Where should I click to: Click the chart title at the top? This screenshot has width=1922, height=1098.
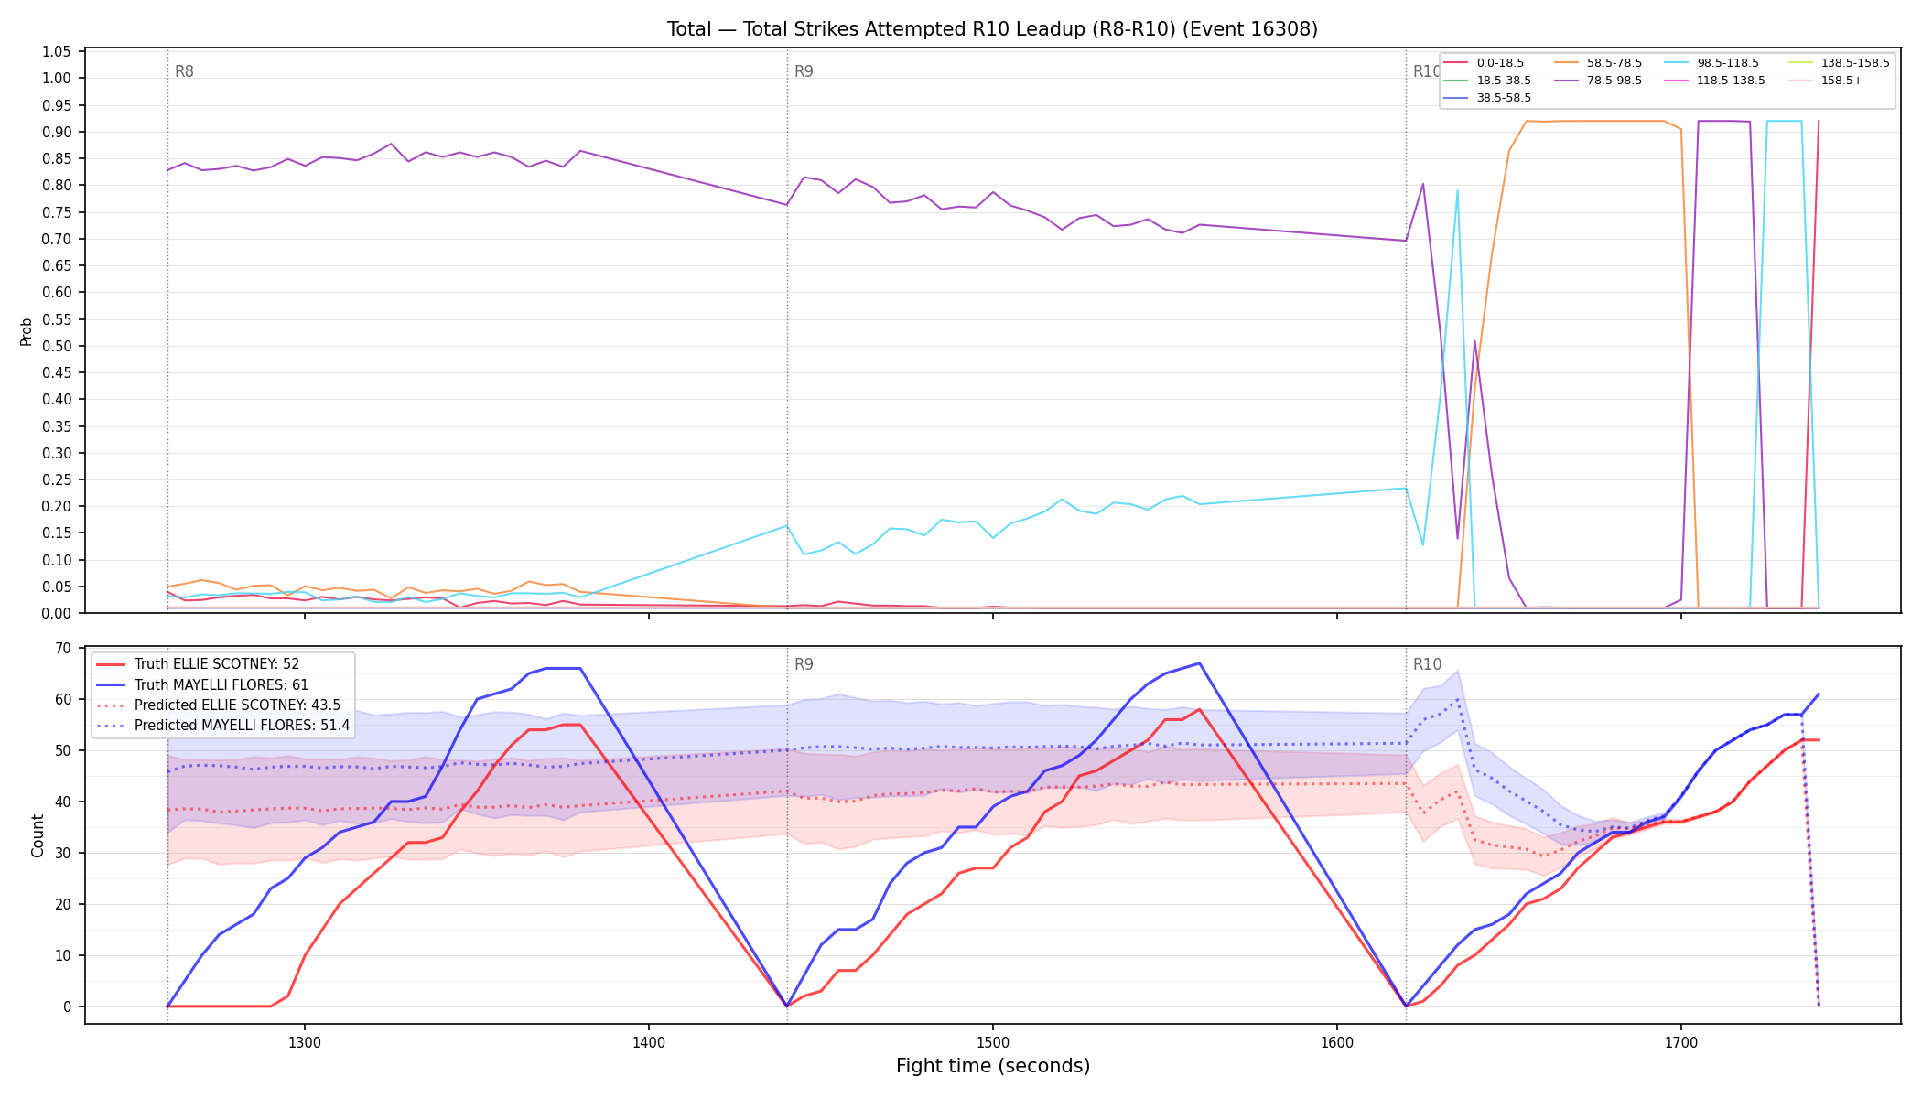(x=992, y=29)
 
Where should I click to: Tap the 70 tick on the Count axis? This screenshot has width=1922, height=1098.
(x=63, y=648)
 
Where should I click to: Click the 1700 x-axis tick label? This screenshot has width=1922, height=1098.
(x=1681, y=1042)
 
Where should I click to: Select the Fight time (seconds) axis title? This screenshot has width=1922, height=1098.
(x=993, y=1066)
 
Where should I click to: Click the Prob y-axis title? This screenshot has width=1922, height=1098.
(x=27, y=331)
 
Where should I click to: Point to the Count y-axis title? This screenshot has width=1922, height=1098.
(x=38, y=835)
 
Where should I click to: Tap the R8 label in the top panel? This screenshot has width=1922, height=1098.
(x=184, y=71)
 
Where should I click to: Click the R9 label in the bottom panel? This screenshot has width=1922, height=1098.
(x=804, y=664)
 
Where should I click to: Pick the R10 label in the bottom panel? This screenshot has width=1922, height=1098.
(x=1427, y=664)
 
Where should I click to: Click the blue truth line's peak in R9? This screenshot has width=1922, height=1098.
(x=1199, y=663)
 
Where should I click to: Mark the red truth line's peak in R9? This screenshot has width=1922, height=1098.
(x=1199, y=709)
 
